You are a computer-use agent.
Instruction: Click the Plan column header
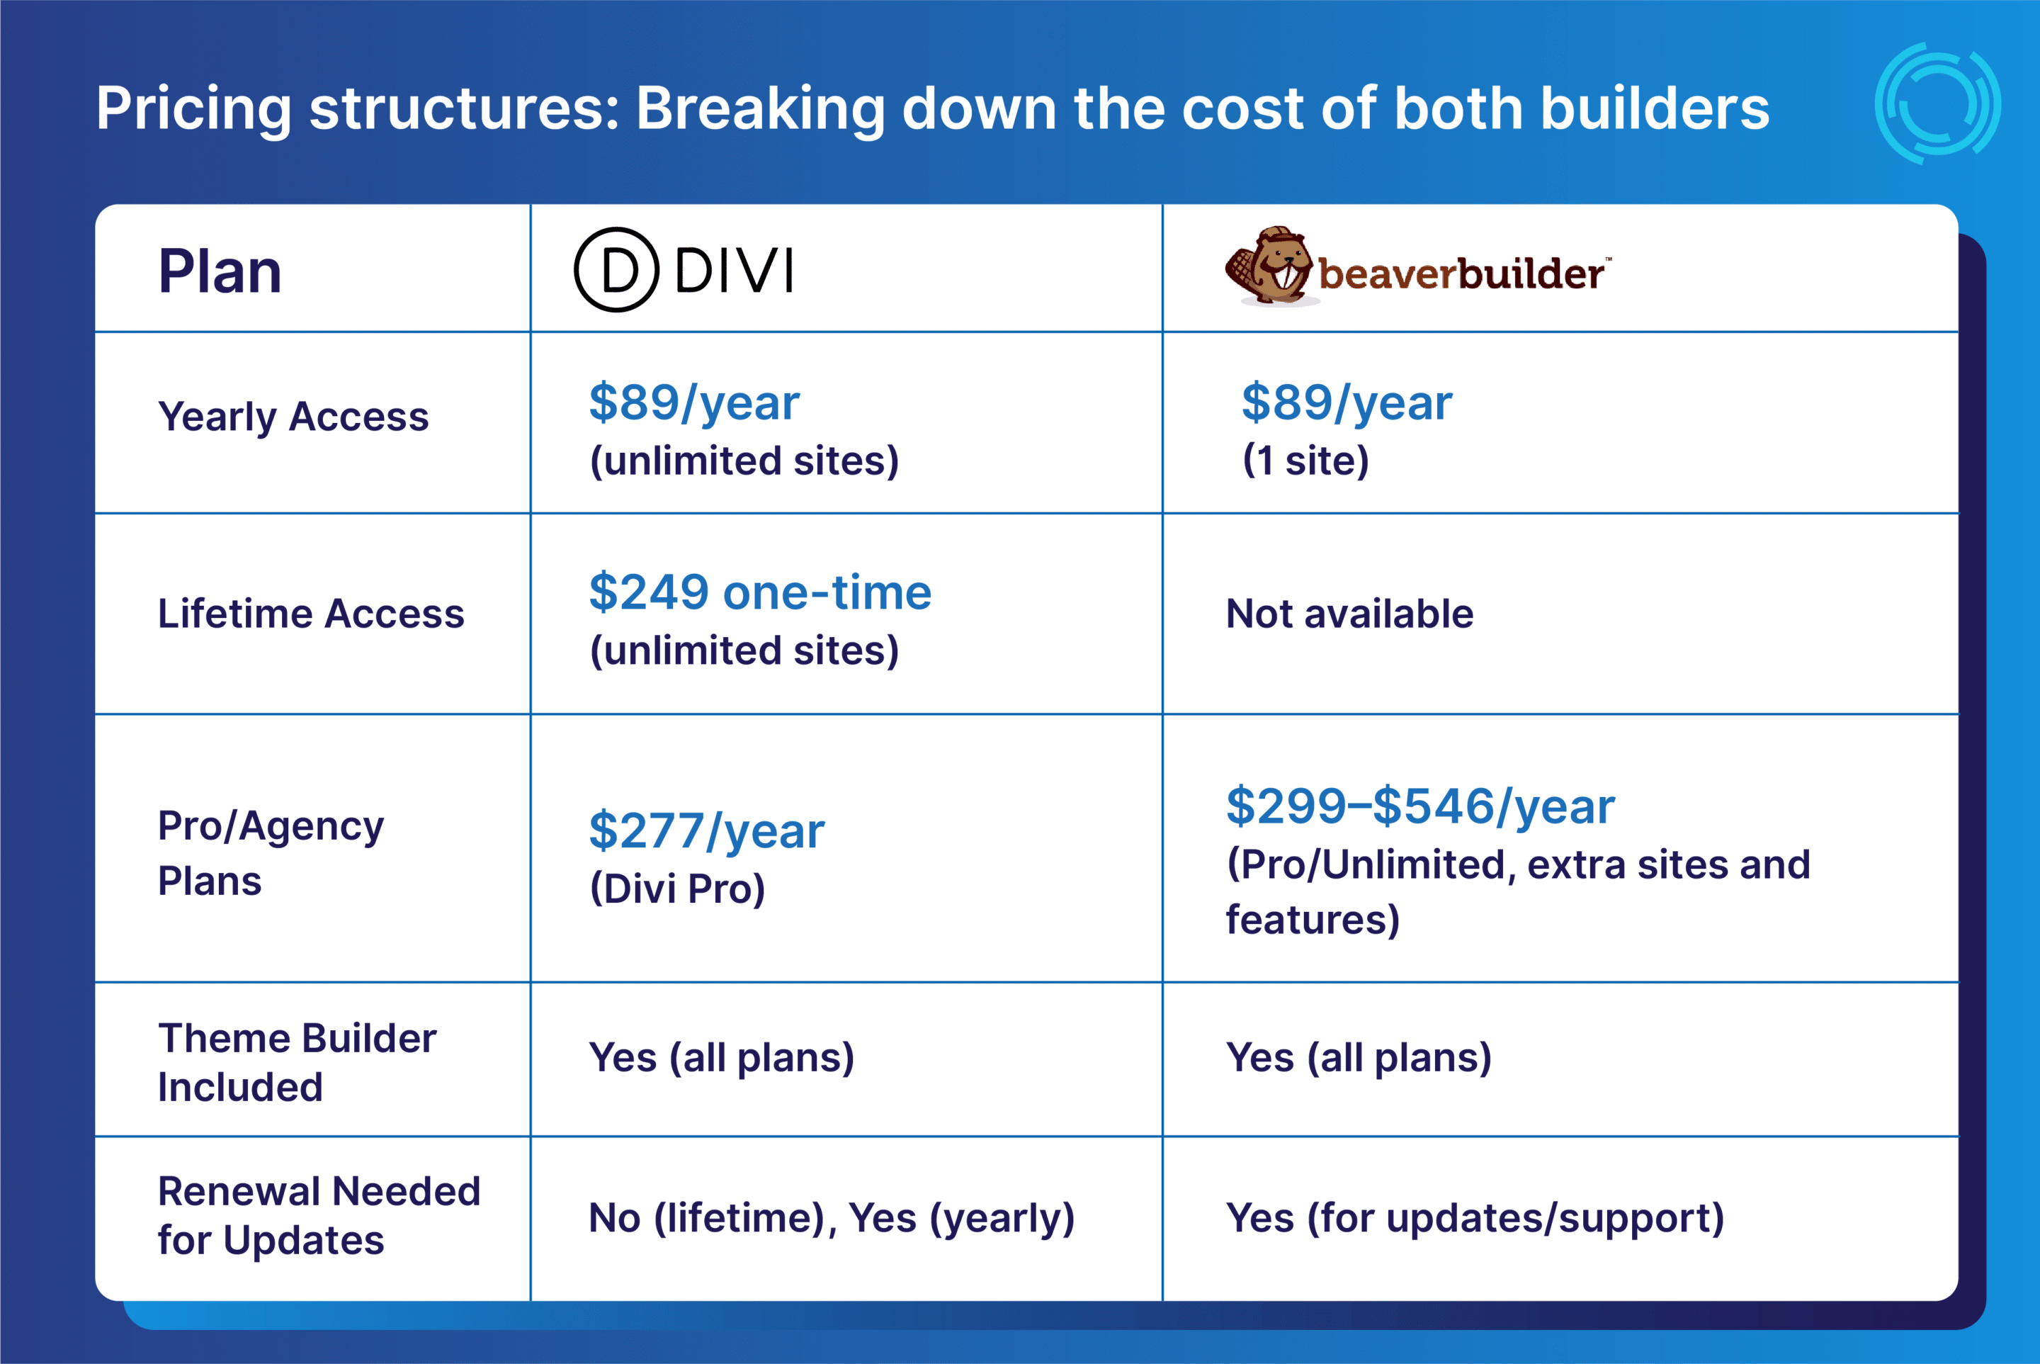pos(220,271)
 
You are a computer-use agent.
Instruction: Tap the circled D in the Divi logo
pos(616,270)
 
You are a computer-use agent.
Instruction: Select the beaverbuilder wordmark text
pos(1461,274)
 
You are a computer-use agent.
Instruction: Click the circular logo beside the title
pos(1937,103)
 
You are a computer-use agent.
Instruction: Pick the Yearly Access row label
pos(293,417)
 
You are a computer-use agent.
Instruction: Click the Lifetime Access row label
pos(310,614)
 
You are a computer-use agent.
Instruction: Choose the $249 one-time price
pos(760,592)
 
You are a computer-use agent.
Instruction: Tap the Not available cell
pos(1349,614)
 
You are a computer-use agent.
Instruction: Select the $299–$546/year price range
pos(1420,806)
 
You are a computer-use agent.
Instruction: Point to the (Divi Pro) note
pos(677,888)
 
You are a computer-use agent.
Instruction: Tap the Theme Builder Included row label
pos(297,1062)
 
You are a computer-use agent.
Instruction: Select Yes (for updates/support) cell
pos(1475,1218)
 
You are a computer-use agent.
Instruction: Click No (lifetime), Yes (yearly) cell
pos(832,1218)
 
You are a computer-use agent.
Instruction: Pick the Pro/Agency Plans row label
pos(271,852)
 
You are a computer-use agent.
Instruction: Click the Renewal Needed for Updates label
pos(318,1215)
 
